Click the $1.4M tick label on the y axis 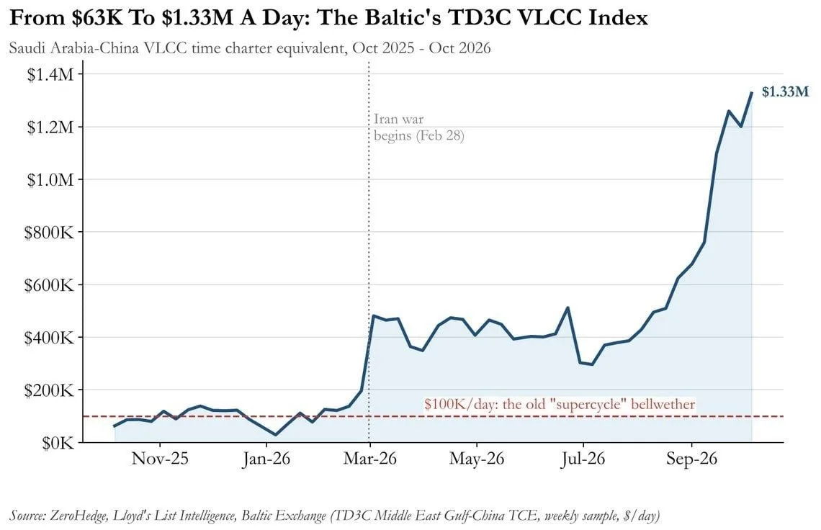click(x=50, y=74)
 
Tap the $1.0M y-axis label click(x=50, y=179)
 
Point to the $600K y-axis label click(x=49, y=285)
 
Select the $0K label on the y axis click(x=58, y=443)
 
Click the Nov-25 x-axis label click(x=160, y=459)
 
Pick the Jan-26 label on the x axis click(x=266, y=459)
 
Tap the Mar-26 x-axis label click(x=369, y=459)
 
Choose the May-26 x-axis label click(x=477, y=459)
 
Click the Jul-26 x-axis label click(x=583, y=459)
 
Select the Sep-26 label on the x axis click(x=691, y=459)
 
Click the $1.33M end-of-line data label click(x=785, y=92)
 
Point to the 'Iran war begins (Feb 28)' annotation click(x=419, y=127)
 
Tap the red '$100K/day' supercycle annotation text click(x=560, y=404)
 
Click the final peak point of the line click(x=752, y=92)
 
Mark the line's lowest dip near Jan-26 click(x=276, y=435)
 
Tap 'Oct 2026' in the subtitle click(x=459, y=48)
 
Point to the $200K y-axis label click(x=49, y=390)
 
